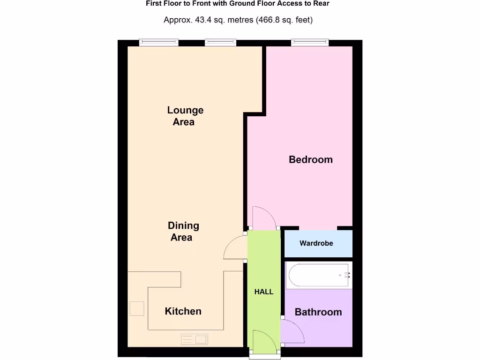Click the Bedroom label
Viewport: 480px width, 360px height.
tap(311, 159)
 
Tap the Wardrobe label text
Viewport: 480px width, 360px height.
tap(316, 243)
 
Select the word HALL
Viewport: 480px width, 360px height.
tap(264, 292)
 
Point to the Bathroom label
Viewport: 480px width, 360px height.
tap(318, 312)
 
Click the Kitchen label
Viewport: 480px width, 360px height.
tap(183, 311)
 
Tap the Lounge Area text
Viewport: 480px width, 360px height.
tap(185, 116)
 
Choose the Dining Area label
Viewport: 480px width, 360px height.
tap(183, 232)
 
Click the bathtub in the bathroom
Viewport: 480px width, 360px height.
tap(318, 275)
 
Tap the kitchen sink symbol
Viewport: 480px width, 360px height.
tap(195, 338)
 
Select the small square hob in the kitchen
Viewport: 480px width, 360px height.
tap(137, 308)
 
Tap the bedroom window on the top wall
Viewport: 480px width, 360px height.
tap(310, 43)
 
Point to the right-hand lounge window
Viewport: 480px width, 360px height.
tap(220, 43)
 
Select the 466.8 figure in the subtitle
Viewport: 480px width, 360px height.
tap(270, 20)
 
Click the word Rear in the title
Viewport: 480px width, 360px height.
tap(321, 4)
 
